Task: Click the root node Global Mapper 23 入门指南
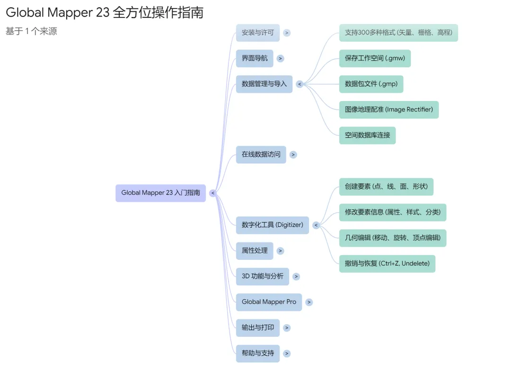[160, 193]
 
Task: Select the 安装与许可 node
[257, 33]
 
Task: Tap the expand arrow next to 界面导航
[281, 59]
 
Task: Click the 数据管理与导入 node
[264, 84]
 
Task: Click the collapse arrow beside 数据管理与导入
[300, 84]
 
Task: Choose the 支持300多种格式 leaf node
[398, 33]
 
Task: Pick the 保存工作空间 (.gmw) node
[375, 59]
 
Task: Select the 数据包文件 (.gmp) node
[371, 84]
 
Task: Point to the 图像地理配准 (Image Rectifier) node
[388, 110]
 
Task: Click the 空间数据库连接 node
[367, 135]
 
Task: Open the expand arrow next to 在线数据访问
[293, 154]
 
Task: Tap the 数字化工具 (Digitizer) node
[272, 225]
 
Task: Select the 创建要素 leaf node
[386, 187]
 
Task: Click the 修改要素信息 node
[392, 212]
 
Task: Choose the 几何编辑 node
[392, 238]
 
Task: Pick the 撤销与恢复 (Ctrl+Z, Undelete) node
[387, 264]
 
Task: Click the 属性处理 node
[255, 251]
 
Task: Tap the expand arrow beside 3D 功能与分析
[296, 276]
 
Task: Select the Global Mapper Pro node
[269, 302]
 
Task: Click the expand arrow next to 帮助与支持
[287, 353]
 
